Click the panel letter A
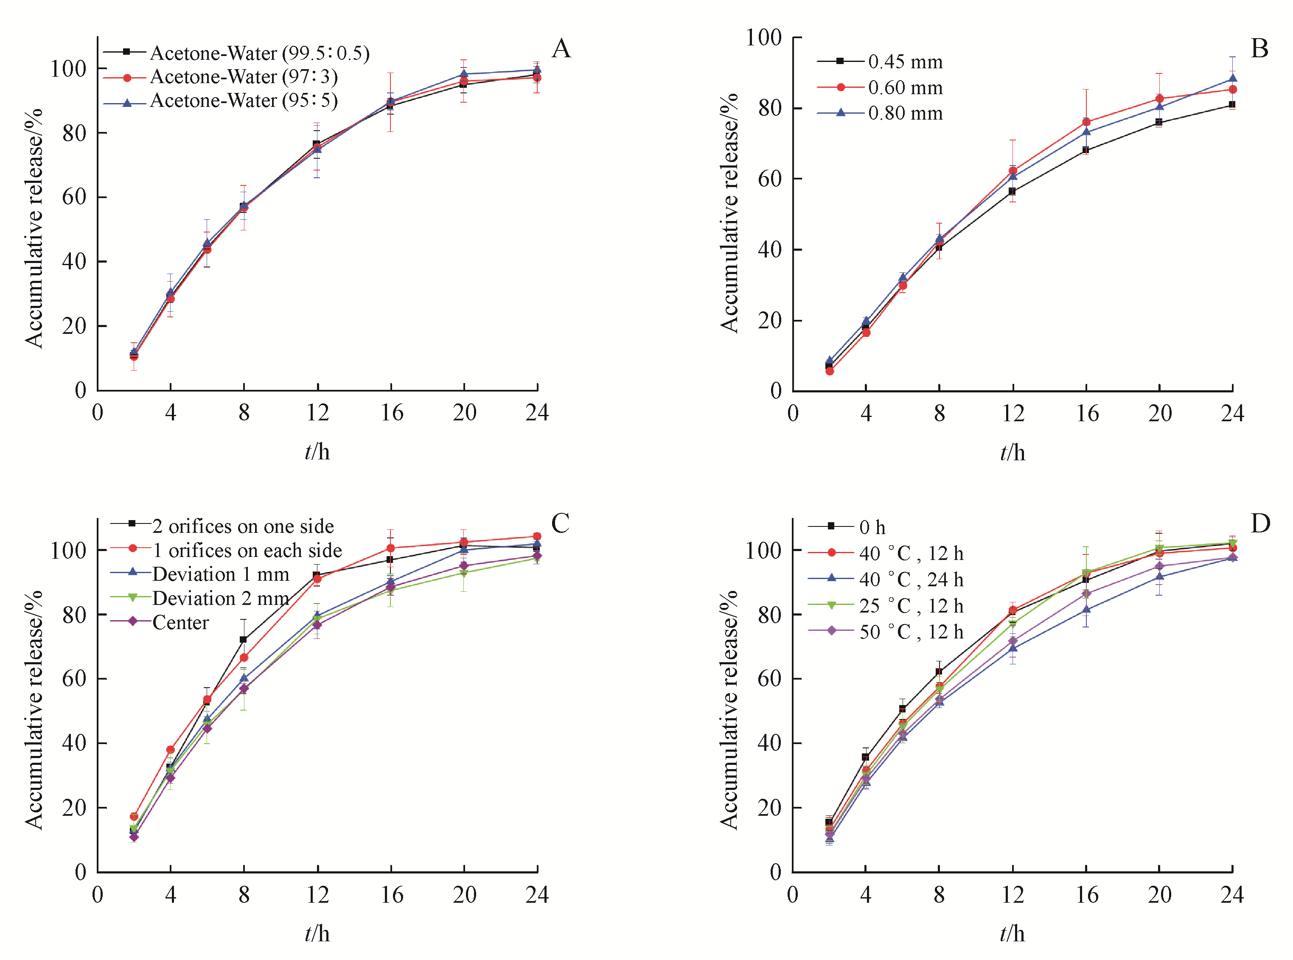tap(561, 49)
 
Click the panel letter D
tap(1260, 523)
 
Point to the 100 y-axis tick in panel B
tap(763, 38)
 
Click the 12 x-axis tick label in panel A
tap(317, 413)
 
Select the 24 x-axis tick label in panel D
tap(1232, 894)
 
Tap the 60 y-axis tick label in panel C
tap(74, 678)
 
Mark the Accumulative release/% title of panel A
tap(34, 228)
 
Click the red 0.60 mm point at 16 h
tap(1086, 122)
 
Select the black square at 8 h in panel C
tap(244, 640)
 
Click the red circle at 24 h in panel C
tap(537, 536)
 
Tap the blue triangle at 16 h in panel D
tap(1086, 610)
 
